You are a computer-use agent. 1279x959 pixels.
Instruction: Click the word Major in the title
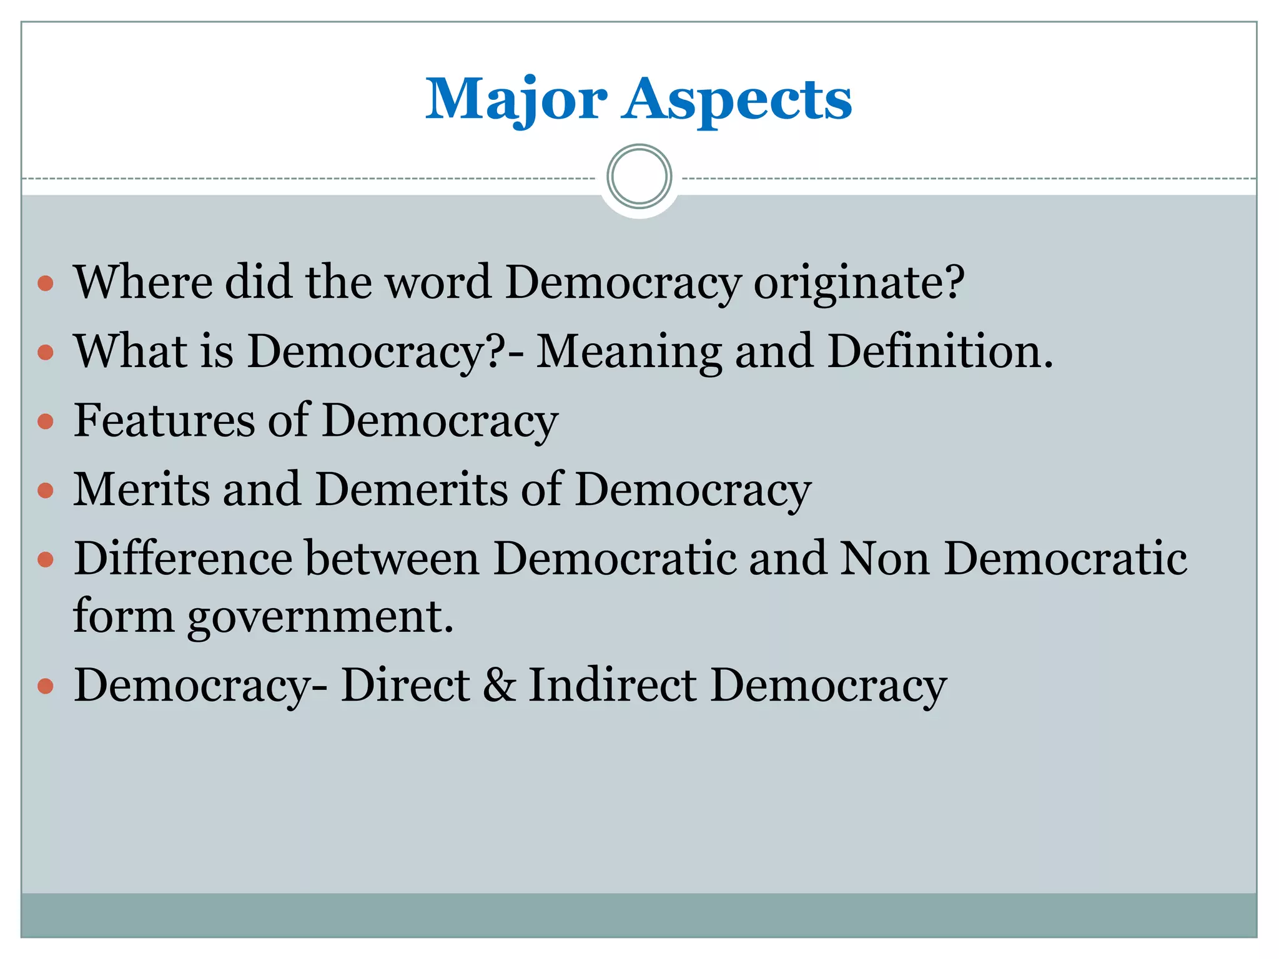[516, 100]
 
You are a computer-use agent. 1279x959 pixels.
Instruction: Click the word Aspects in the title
[736, 100]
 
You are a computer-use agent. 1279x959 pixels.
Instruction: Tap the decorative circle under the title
[639, 176]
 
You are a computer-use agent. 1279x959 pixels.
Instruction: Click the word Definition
[940, 351]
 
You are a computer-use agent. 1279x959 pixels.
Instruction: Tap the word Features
[164, 420]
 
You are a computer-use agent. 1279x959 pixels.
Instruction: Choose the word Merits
[141, 489]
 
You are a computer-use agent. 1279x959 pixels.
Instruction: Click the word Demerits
[412, 489]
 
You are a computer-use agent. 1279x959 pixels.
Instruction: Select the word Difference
[183, 558]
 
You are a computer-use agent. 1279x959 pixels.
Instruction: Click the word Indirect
[613, 685]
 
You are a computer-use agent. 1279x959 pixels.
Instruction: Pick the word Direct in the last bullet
[405, 685]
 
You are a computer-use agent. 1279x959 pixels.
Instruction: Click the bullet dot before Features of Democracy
[46, 422]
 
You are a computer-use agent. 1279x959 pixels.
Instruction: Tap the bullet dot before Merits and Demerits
[46, 491]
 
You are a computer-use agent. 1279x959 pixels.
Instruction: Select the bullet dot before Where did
[46, 285]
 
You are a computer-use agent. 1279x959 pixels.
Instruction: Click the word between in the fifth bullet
[392, 558]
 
